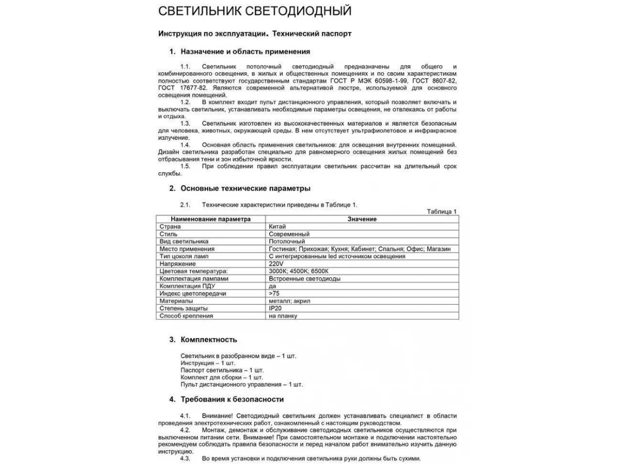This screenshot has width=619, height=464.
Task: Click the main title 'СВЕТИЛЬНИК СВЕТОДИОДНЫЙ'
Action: click(x=255, y=11)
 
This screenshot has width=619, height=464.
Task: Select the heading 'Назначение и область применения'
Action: click(x=245, y=52)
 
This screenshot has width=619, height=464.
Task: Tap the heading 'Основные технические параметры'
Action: click(x=245, y=188)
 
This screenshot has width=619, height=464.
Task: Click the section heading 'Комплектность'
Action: click(x=208, y=339)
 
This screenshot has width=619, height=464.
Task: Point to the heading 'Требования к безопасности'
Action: click(x=232, y=399)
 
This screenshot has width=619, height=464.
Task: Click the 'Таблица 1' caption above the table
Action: click(x=442, y=211)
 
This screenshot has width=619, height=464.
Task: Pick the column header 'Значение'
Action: click(x=362, y=219)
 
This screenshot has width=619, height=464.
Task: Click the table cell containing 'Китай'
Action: click(x=278, y=226)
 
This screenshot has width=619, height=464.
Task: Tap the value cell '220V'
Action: click(x=276, y=263)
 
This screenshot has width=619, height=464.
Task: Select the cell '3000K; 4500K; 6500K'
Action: click(x=299, y=271)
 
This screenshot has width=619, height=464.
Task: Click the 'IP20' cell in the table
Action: click(x=275, y=308)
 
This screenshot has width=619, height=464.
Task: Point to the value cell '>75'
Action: click(x=274, y=293)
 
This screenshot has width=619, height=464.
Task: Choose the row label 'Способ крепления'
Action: click(x=186, y=316)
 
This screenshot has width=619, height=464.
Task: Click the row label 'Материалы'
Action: click(x=176, y=301)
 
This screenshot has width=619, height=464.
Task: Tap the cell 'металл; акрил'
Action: click(x=289, y=301)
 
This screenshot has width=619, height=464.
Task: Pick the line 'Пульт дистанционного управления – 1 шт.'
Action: click(x=241, y=385)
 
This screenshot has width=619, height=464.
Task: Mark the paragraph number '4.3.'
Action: click(x=186, y=458)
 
